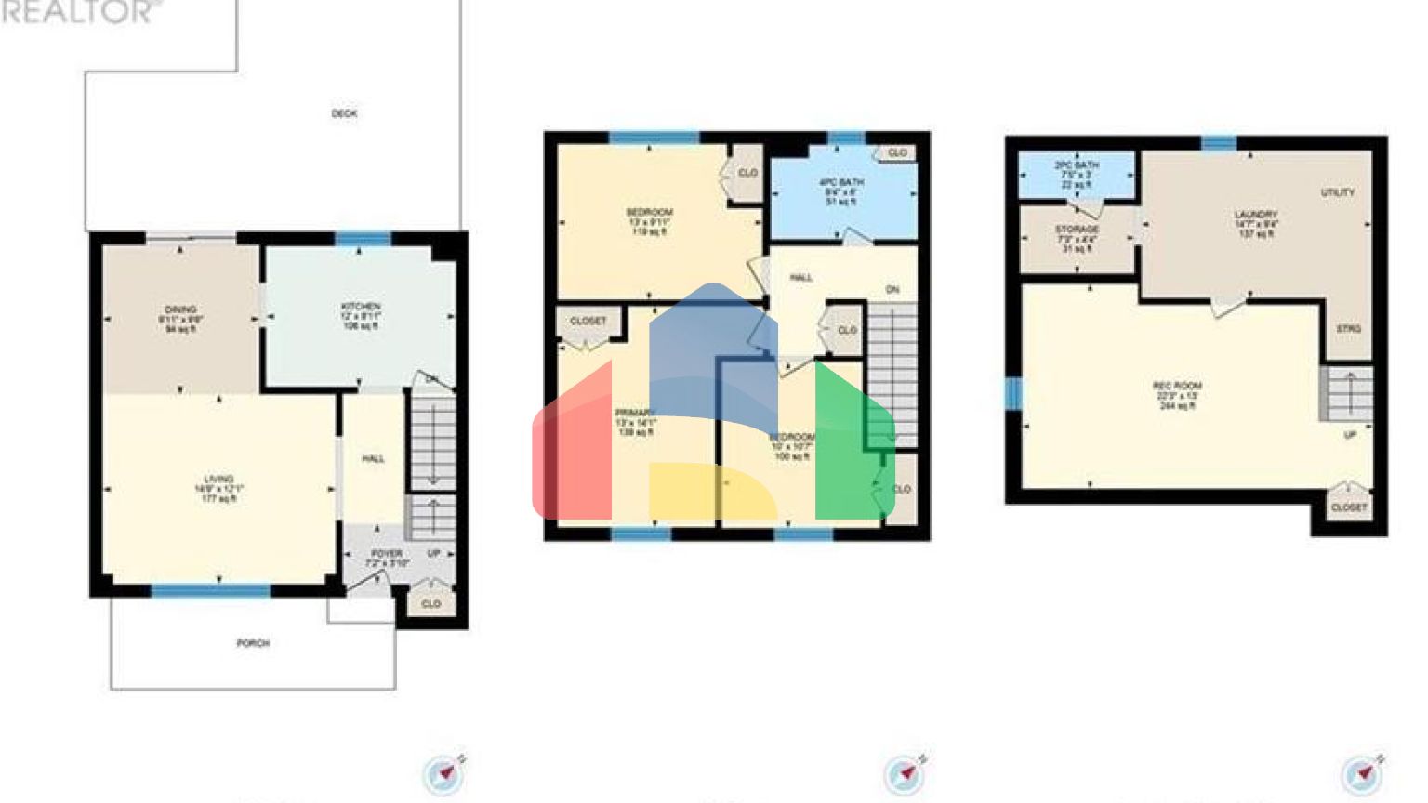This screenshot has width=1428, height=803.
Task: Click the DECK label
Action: click(344, 113)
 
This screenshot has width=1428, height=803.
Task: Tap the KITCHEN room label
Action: click(361, 307)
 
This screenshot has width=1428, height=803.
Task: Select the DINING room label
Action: click(180, 309)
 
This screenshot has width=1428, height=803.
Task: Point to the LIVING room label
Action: click(219, 480)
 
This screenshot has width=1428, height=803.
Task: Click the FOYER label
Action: click(386, 554)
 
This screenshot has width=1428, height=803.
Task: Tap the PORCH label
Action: click(253, 643)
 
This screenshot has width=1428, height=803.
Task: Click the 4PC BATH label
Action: click(840, 182)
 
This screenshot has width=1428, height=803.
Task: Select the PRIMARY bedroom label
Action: click(636, 413)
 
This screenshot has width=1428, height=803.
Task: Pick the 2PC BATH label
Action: click(1077, 165)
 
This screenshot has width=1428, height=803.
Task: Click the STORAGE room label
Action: click(1077, 230)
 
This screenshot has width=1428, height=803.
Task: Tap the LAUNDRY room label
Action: click(1255, 215)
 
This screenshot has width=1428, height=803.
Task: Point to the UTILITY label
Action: click(1338, 192)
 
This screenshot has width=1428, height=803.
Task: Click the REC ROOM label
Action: click(1177, 386)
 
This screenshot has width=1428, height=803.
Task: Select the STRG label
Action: click(1349, 330)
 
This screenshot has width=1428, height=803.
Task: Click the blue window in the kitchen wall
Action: click(363, 239)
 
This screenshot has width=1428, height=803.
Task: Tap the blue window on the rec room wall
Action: click(1012, 393)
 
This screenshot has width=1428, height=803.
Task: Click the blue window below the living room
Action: click(211, 590)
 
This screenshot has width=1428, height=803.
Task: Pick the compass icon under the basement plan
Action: click(1362, 774)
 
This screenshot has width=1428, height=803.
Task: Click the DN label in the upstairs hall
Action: click(892, 291)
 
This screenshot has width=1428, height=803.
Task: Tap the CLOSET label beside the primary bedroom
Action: click(588, 321)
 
